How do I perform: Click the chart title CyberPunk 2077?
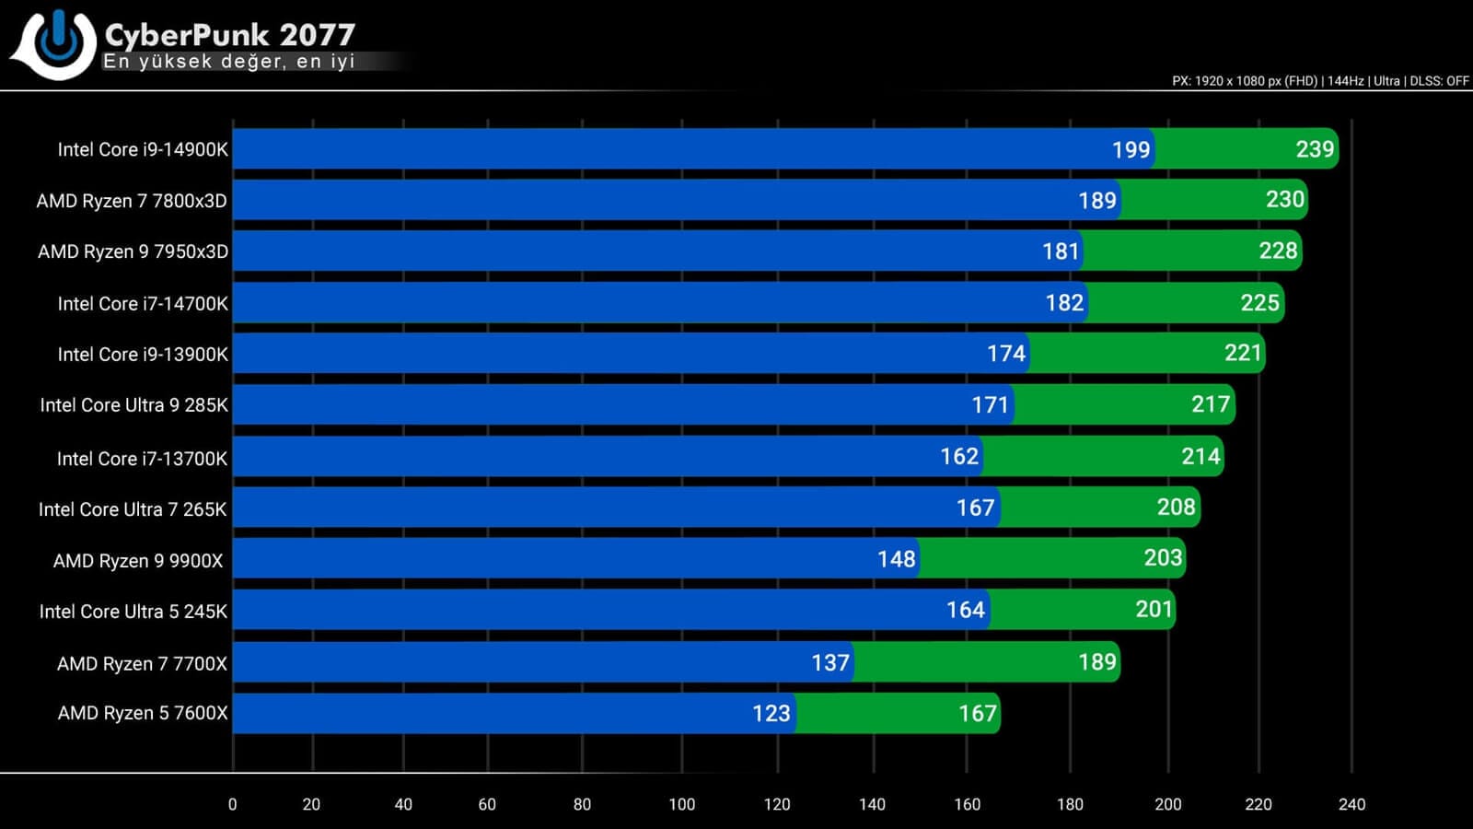tap(229, 34)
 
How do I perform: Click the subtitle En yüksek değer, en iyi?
tap(229, 62)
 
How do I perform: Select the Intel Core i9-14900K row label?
tap(142, 149)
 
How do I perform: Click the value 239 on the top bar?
tap(1314, 149)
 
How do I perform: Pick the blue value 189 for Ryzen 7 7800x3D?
tap(1096, 201)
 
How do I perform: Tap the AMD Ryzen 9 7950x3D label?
tap(133, 251)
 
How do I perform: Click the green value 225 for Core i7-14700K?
tap(1259, 303)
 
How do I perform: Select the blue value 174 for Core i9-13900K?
tap(1005, 354)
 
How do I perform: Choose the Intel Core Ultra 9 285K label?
tap(133, 405)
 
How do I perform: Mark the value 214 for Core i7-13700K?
tap(1200, 456)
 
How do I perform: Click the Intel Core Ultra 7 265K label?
tap(133, 509)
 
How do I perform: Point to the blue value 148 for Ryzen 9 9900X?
tap(896, 559)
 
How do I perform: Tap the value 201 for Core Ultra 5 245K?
tap(1154, 609)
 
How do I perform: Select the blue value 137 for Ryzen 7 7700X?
tap(829, 662)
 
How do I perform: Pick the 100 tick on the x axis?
tap(681, 804)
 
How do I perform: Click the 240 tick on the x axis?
tap(1351, 804)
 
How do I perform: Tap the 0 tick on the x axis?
tap(232, 804)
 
